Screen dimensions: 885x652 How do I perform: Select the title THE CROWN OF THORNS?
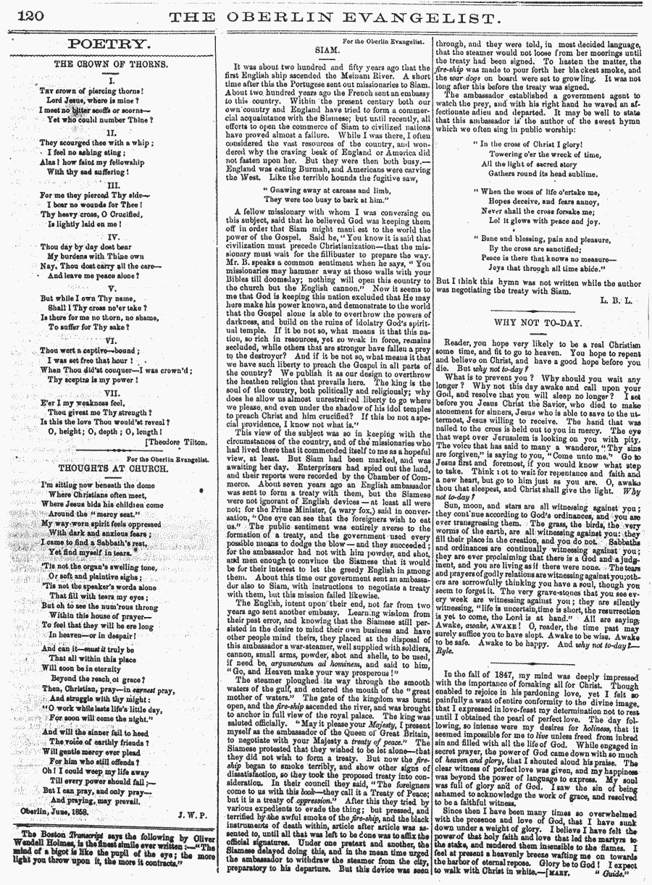point(112,64)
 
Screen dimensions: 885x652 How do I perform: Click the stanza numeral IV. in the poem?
point(112,236)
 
